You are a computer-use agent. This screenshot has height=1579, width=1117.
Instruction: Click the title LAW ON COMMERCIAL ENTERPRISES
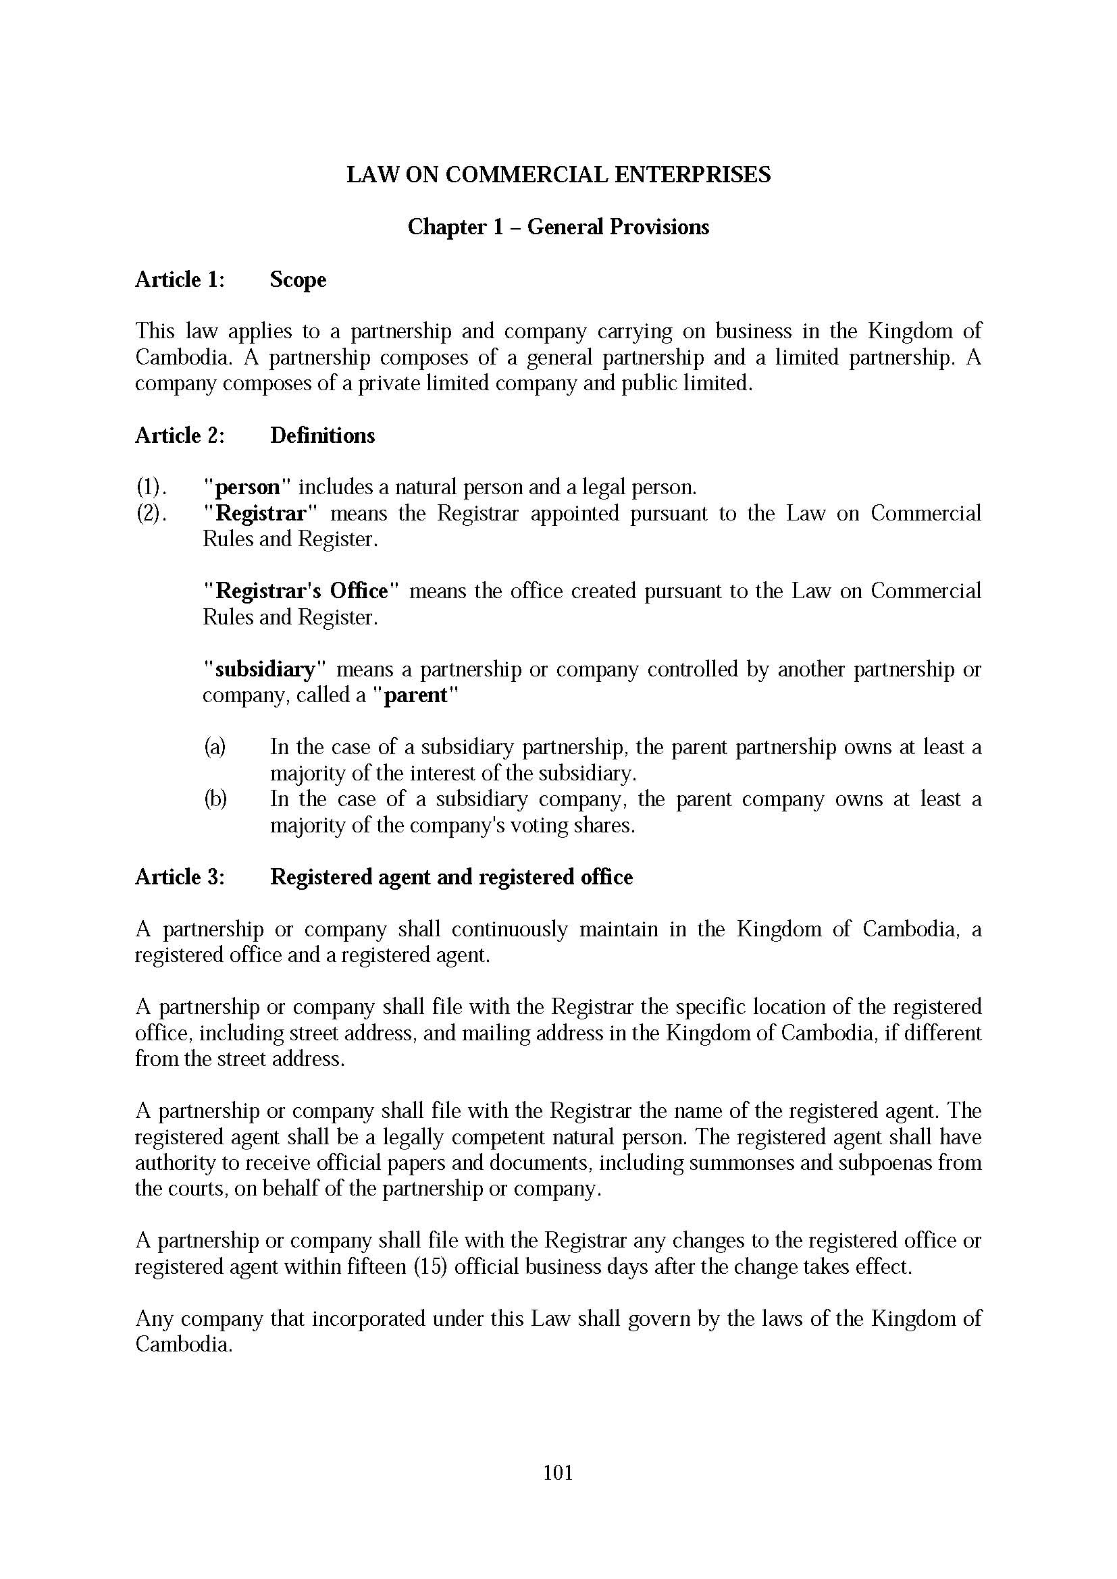point(558,175)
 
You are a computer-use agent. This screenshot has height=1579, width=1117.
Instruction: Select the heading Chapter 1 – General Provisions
point(558,227)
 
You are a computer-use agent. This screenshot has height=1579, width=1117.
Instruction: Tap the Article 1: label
point(180,280)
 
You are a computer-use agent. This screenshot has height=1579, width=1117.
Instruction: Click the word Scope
point(298,280)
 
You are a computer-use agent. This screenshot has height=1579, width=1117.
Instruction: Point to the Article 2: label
point(180,435)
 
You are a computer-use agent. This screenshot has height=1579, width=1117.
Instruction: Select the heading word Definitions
point(322,435)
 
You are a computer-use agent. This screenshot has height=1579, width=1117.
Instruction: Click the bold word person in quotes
point(248,487)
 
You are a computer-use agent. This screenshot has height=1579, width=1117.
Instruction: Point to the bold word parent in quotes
point(415,695)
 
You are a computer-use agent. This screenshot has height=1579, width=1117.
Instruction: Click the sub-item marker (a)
point(215,747)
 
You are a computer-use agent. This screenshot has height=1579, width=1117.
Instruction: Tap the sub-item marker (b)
point(215,799)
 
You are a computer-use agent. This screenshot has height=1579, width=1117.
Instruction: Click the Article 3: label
point(180,878)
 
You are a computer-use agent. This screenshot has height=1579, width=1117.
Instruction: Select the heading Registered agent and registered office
point(451,878)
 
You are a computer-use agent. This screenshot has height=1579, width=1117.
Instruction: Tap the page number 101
point(558,1472)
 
